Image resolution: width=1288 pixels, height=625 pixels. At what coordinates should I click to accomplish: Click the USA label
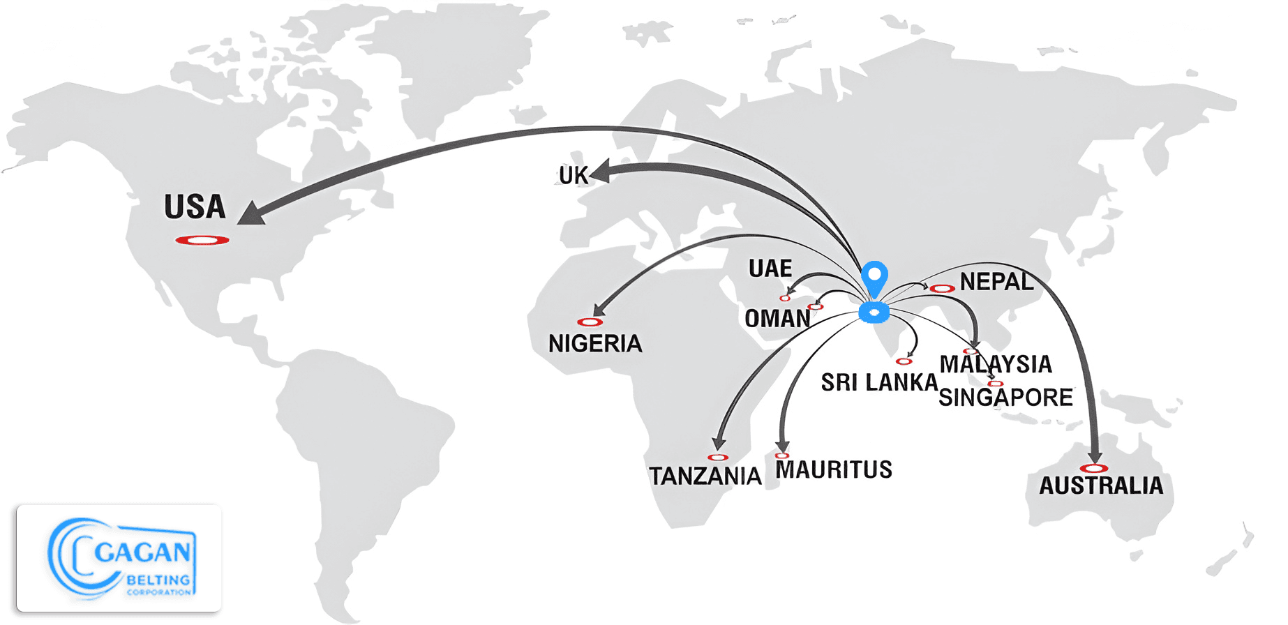[x=195, y=207]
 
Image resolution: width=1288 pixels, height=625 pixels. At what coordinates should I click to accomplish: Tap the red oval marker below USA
[x=202, y=241]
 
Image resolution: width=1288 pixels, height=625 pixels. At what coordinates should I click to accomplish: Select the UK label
[x=573, y=176]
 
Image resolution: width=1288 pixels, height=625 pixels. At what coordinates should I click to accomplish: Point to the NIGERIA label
[x=594, y=344]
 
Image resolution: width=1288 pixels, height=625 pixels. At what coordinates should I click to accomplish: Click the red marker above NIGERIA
[x=590, y=322]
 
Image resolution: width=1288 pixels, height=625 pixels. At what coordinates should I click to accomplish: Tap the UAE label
[x=770, y=269]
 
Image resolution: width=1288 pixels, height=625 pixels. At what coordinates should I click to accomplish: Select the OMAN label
[x=777, y=319]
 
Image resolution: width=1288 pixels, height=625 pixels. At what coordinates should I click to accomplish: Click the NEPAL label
[x=996, y=282]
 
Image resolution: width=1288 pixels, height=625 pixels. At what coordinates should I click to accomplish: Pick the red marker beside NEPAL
[x=942, y=289]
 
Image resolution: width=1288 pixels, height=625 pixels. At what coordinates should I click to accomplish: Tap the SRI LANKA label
[x=878, y=382]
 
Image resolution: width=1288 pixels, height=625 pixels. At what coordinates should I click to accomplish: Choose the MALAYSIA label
[x=996, y=364]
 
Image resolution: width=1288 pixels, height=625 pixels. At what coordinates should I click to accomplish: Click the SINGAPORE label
[x=1005, y=398]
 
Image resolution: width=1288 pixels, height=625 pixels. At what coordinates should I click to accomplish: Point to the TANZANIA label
[x=705, y=476]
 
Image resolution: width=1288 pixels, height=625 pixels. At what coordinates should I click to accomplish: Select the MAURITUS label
[x=834, y=470]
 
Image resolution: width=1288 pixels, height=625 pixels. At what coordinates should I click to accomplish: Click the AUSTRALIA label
[x=1101, y=485]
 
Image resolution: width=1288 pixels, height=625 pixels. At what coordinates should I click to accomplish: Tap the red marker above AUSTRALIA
[x=1093, y=468]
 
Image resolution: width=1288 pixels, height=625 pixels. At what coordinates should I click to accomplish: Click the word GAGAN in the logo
[x=142, y=552]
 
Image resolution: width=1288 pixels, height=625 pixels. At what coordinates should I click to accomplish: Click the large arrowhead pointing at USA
[x=252, y=213]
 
